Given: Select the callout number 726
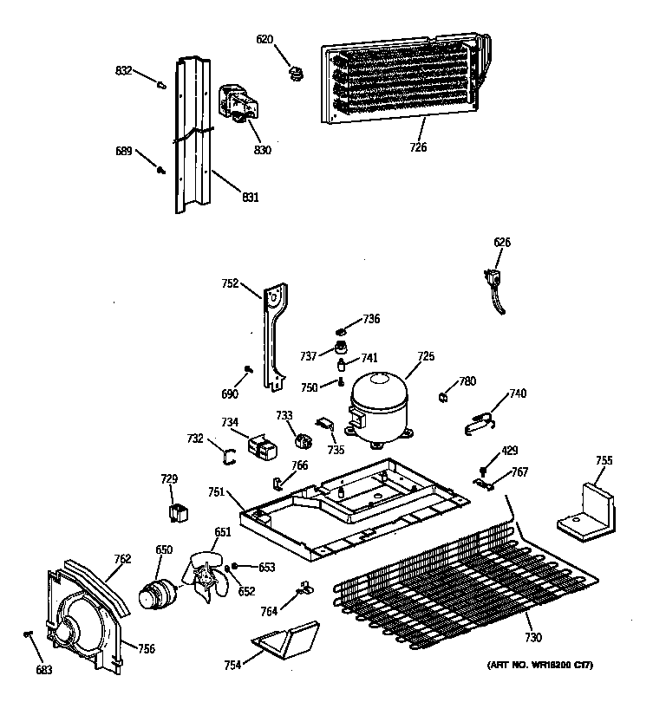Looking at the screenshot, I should click(417, 147).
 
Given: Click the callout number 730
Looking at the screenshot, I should click(532, 638).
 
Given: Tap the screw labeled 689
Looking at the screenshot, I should click(160, 170).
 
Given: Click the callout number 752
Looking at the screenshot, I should click(230, 283).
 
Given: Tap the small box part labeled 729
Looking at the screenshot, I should click(180, 511).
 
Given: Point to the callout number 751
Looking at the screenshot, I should click(217, 492).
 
